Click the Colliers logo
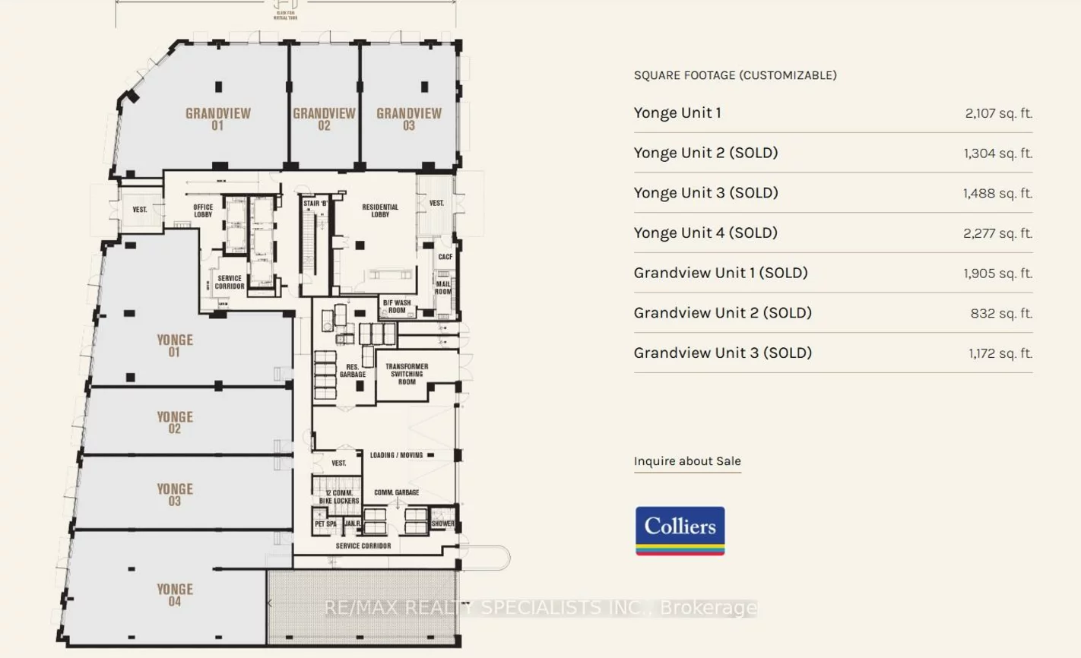point(680,530)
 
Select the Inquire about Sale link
point(687,461)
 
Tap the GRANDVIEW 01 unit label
point(218,119)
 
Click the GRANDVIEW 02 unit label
point(325,119)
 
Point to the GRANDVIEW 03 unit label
point(409,119)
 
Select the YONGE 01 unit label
point(175,346)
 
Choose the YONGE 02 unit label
point(175,422)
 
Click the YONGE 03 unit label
point(175,495)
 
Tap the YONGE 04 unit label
point(175,595)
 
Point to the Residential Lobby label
point(380,210)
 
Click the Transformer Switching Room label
point(407,374)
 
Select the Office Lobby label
point(203,210)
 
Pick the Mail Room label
point(443,288)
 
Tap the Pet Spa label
point(325,524)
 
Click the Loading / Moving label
point(396,455)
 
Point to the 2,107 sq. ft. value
point(998,113)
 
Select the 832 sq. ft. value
point(1001,313)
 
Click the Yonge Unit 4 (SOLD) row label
point(705,233)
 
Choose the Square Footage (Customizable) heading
point(735,75)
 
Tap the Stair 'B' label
point(315,204)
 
